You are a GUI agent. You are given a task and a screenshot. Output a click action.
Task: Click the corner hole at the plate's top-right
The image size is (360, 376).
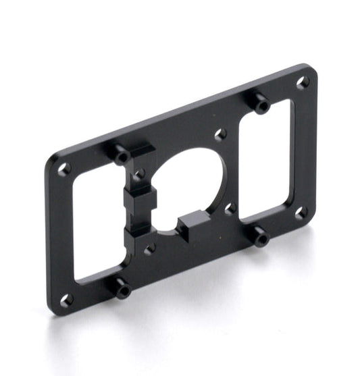point(303,82)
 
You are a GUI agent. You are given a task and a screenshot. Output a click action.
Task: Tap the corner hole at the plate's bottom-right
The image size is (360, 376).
point(301,212)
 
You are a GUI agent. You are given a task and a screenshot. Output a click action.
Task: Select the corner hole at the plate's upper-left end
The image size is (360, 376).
point(64,169)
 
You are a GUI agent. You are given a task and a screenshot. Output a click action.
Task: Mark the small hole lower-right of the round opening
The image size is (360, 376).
point(230,208)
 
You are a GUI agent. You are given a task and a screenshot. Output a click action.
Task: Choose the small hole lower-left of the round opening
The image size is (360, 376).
point(149,248)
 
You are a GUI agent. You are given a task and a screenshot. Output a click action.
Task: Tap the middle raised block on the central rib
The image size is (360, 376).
point(140,198)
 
